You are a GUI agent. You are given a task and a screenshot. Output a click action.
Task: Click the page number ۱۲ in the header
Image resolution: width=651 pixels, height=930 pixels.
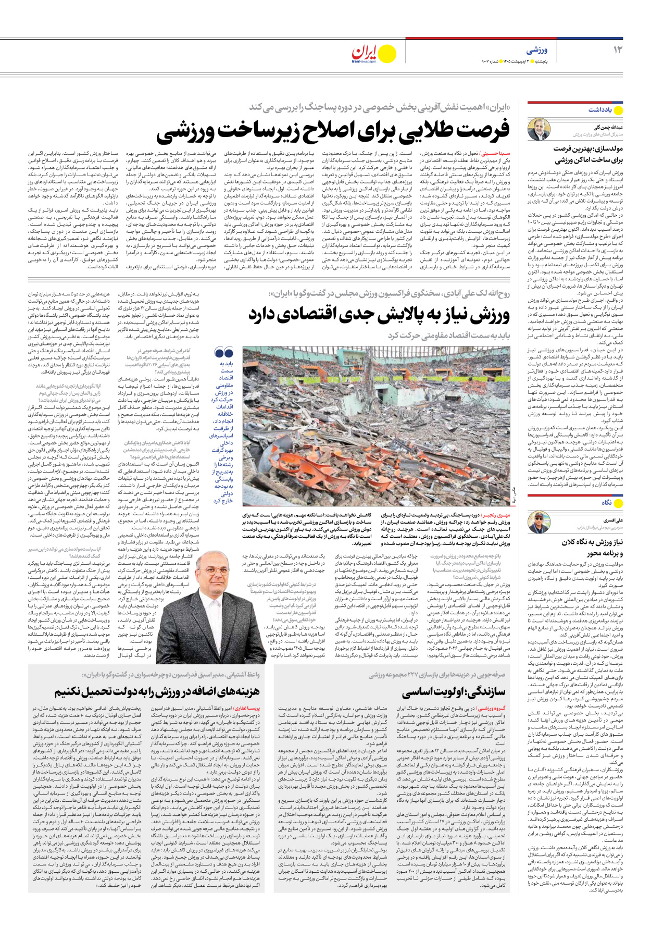point(618,49)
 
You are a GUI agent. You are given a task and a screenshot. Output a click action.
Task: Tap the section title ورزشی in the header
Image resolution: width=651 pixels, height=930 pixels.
point(537,51)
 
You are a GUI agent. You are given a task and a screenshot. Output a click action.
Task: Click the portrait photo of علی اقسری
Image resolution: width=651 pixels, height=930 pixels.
point(539,523)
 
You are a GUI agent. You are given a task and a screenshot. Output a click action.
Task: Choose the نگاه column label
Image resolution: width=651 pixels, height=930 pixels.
point(607,503)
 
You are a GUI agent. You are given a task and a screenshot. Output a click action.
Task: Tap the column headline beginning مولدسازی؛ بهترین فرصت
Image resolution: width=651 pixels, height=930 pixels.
point(588,154)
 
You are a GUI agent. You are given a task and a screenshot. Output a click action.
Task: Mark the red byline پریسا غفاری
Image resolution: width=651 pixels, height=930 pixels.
point(246,709)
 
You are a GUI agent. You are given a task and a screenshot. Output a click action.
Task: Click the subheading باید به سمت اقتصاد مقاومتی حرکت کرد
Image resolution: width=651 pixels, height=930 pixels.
point(448,336)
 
